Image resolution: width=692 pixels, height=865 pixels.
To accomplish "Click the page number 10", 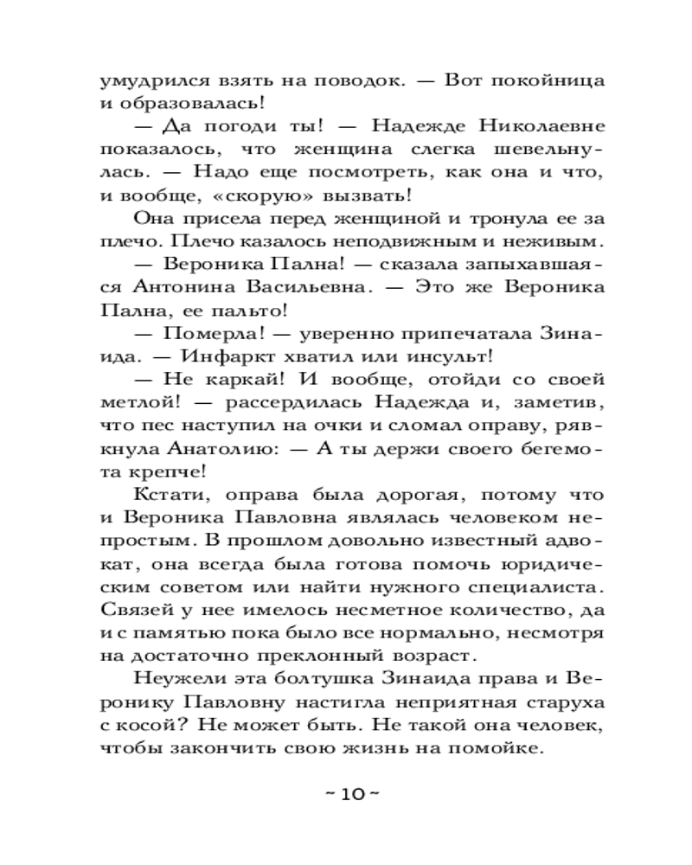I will (x=345, y=794).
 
